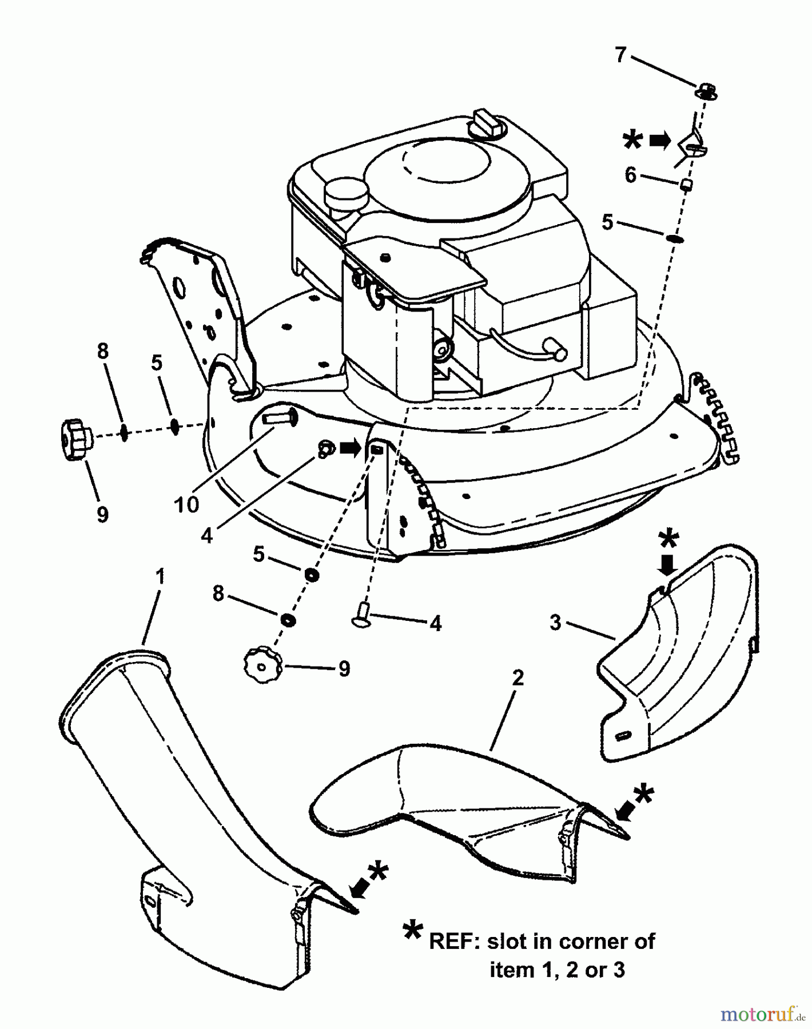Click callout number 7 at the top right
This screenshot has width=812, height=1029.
[x=620, y=55]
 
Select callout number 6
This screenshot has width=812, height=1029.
[x=630, y=175]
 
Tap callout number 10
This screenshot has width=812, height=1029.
[x=187, y=504]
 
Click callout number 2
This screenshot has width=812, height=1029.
[x=518, y=678]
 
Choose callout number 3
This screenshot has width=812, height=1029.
[x=555, y=623]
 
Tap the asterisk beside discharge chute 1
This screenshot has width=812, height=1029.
[x=378, y=872]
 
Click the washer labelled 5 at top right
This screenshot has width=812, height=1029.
[x=675, y=237]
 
